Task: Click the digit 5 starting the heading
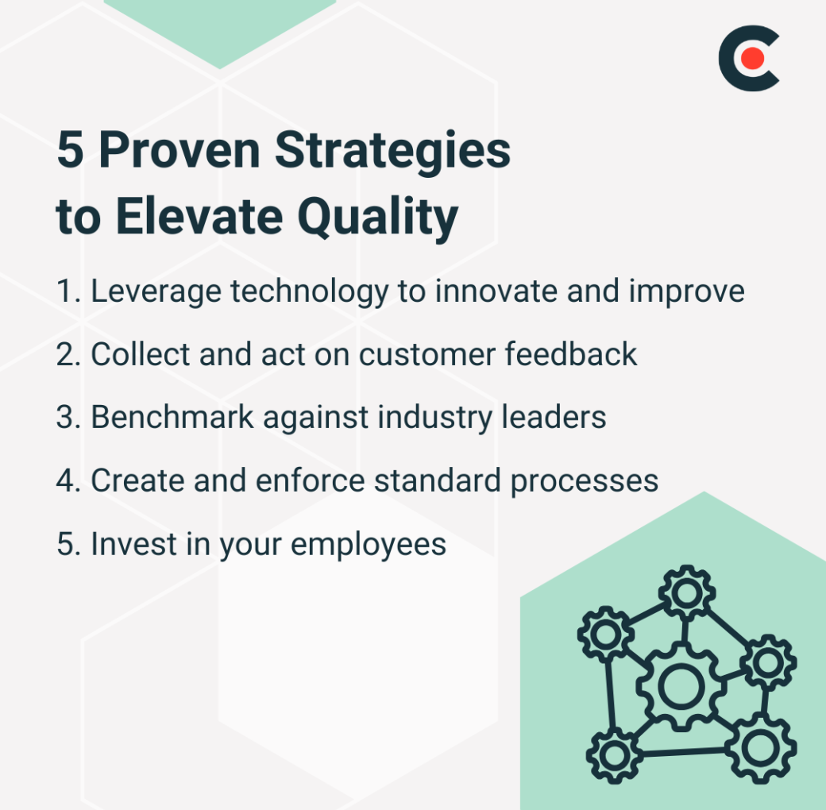[x=70, y=152]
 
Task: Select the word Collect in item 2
[x=140, y=354]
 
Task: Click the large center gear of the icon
[x=677, y=687]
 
